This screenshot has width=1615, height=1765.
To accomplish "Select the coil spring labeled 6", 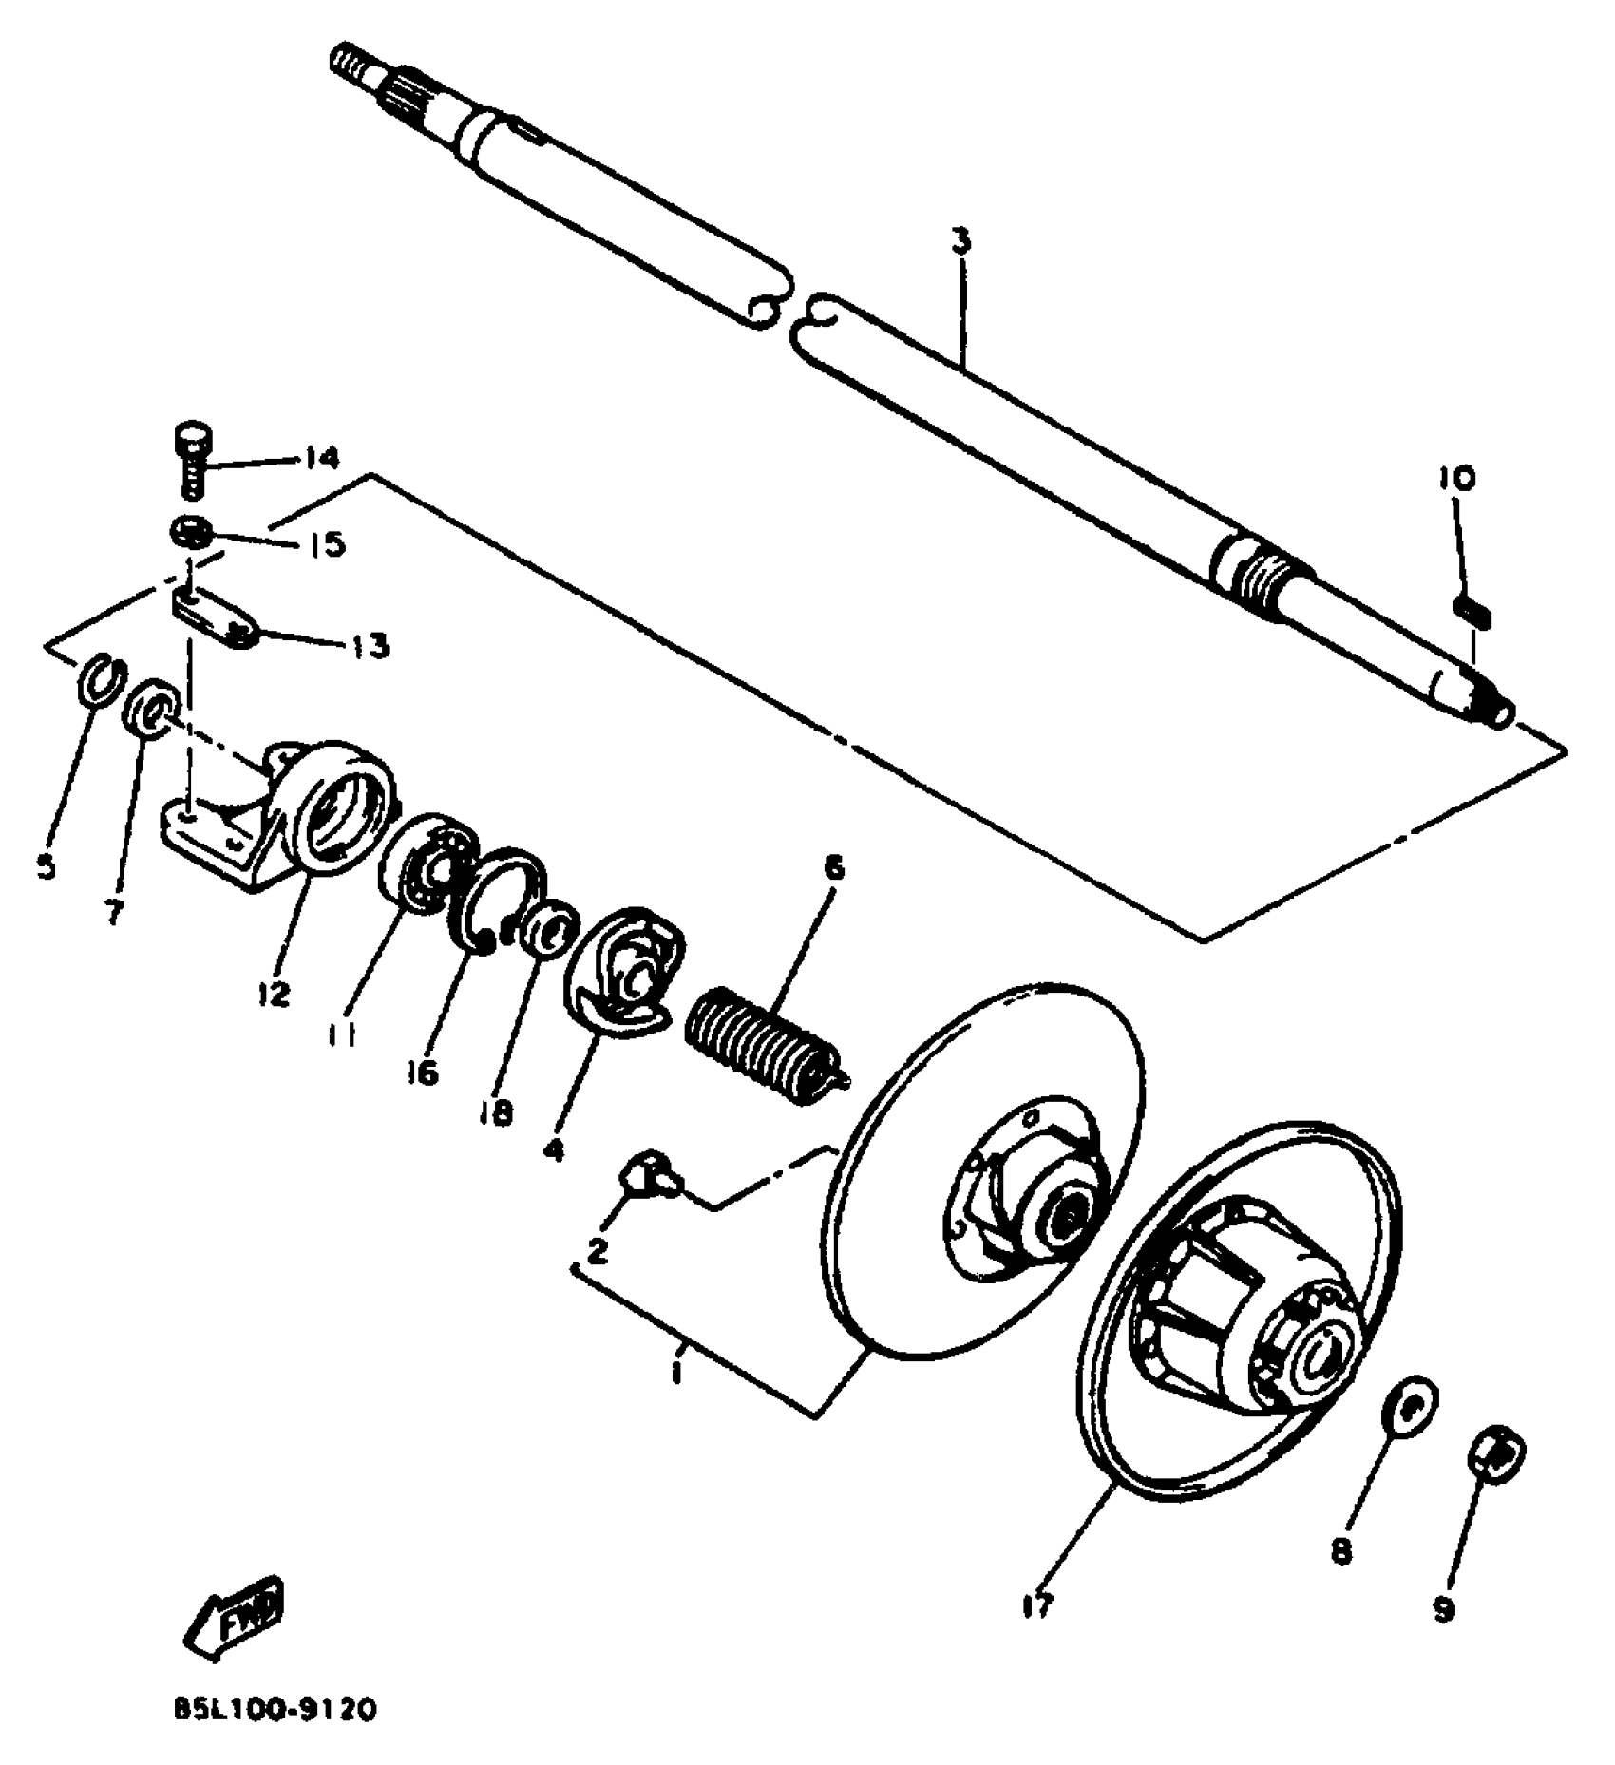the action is [765, 1043].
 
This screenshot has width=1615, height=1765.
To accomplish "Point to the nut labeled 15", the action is [191, 531].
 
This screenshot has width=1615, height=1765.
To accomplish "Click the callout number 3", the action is [961, 240].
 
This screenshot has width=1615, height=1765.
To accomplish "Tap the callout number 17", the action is [1037, 1606].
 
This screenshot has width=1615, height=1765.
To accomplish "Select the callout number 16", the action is [422, 1072].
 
